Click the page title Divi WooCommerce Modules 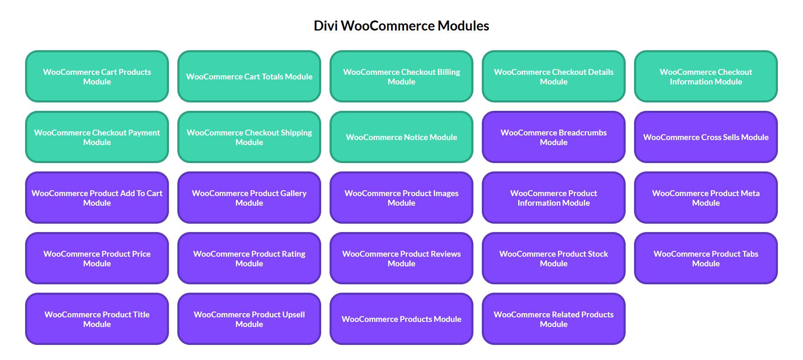point(401,26)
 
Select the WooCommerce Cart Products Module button point(97,77)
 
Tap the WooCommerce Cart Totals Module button point(249,77)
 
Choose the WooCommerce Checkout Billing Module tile point(401,77)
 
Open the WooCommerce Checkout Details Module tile point(554,77)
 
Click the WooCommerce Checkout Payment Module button point(97,137)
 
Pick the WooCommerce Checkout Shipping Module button point(249,137)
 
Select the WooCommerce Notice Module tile point(401,137)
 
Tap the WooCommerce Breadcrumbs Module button point(554,137)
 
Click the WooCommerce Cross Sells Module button point(706,137)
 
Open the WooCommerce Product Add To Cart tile point(97,198)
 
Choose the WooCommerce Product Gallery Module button point(249,198)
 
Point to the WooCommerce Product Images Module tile point(401,198)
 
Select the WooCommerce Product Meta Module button point(706,198)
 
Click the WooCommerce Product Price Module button point(97,258)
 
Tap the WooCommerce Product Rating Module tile point(249,258)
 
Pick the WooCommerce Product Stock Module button point(554,258)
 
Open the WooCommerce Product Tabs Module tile point(706,258)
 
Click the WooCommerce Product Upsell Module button point(249,319)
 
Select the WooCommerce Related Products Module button point(554,319)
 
